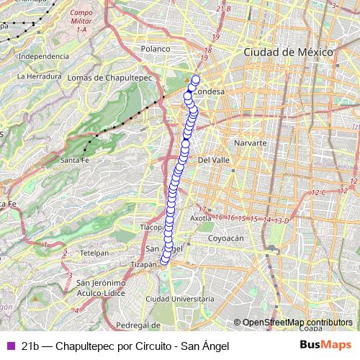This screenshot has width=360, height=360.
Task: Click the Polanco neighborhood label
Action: point(155,49)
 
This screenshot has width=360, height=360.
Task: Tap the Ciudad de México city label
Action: point(287,53)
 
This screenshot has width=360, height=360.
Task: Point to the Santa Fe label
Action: point(74,160)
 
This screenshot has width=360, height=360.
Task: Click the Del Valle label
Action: point(213,160)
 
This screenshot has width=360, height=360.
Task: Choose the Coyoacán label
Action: point(227,237)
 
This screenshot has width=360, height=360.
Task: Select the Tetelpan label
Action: point(94,253)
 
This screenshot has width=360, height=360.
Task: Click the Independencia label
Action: point(40,55)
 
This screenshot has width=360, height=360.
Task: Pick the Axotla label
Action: point(199,217)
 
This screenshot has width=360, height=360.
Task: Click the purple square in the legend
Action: point(10,346)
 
